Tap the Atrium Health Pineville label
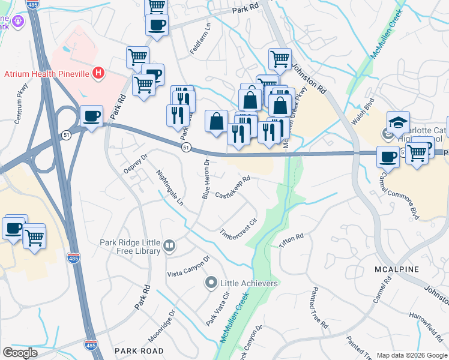47,74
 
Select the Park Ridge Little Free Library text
130,246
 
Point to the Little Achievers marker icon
211,283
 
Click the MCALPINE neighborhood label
396,269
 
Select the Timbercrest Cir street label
238,228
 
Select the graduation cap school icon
398,122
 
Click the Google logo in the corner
20,353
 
